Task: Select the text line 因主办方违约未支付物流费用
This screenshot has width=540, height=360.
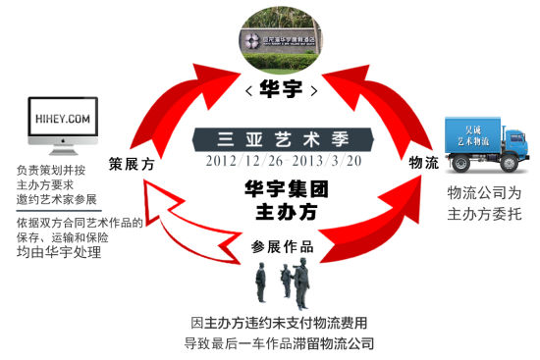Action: (280, 323)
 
